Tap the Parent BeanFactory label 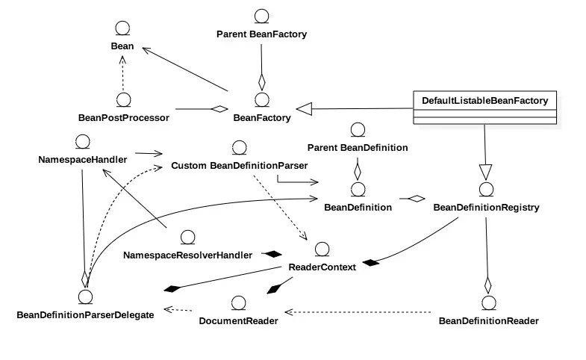261,34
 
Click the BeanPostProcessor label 124,117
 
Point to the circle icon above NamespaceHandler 83,141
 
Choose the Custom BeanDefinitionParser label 239,164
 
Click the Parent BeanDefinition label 358,147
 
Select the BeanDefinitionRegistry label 486,207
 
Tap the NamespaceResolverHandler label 187,255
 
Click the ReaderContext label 322,267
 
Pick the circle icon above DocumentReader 239,303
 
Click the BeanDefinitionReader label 488,321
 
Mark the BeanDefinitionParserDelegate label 85,314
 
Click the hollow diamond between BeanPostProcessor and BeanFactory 218,110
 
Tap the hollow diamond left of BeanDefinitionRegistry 415,198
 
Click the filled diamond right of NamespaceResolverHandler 269,254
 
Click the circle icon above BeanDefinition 358,188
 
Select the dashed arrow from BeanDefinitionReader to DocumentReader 358,311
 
